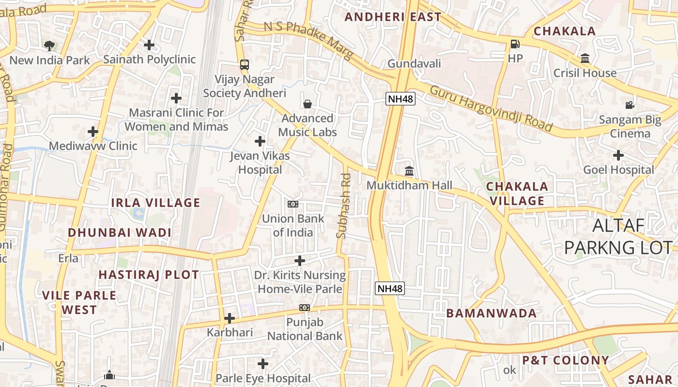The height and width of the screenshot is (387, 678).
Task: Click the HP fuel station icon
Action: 515,45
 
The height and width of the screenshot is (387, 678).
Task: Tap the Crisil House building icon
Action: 585,59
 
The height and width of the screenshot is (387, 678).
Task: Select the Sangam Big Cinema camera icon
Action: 630,105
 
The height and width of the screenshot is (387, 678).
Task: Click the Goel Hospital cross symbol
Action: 618,155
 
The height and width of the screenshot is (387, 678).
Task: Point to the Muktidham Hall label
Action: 409,185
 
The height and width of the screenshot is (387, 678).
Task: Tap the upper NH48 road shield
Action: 401,99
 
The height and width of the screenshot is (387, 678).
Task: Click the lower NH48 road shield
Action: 390,289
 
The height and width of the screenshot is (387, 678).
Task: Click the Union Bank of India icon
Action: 293,204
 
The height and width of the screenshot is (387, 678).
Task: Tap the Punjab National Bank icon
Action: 304,308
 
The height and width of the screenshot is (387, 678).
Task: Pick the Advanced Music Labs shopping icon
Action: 307,104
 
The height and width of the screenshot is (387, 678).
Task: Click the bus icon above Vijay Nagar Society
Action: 245,64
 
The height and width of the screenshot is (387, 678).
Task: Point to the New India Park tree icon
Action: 49,46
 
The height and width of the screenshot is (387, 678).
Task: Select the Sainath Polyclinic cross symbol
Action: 149,45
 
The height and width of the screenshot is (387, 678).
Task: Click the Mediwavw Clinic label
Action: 93,146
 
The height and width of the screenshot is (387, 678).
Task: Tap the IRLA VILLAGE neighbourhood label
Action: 155,203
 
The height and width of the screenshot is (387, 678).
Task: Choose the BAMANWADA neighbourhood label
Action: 491,313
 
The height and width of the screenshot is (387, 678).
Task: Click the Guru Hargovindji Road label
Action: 491,108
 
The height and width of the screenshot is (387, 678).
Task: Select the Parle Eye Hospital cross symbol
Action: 262,363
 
